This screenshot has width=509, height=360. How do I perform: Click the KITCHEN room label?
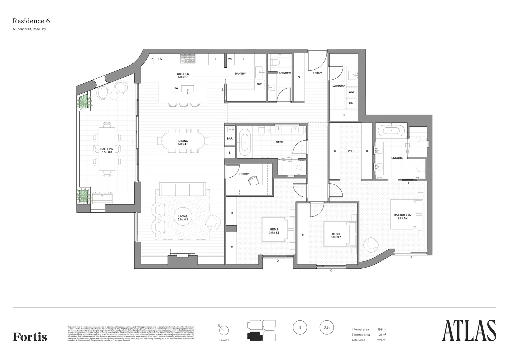click(183, 74)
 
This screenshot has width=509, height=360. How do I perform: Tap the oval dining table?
click(183, 141)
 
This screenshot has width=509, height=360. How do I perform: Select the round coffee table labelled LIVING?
click(183, 218)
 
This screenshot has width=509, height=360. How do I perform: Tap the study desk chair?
click(254, 180)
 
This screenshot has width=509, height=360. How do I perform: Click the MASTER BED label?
click(402, 215)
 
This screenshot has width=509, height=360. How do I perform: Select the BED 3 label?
click(336, 234)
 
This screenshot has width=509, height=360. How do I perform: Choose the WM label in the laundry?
click(351, 92)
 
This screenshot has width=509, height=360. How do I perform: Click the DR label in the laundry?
click(351, 103)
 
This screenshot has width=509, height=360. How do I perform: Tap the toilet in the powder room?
click(275, 62)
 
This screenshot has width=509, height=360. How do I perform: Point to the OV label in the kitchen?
click(160, 59)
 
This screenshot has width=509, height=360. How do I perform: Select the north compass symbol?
click(224, 330)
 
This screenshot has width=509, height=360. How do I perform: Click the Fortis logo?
click(30, 337)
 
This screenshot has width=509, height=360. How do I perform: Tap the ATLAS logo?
click(469, 331)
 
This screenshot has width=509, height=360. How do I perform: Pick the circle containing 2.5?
click(326, 328)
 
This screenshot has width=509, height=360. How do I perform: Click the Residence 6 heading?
click(31, 21)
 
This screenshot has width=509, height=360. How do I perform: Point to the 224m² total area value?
click(381, 340)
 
